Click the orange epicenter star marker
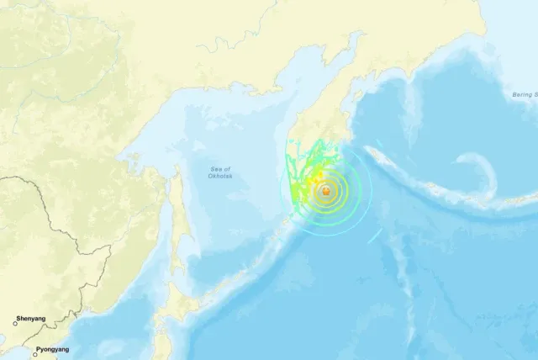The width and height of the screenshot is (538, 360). (x=325, y=193)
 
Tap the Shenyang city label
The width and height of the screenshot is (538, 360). (x=33, y=319)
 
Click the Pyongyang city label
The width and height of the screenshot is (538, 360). (x=52, y=349)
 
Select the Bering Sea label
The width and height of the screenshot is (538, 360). (x=525, y=95)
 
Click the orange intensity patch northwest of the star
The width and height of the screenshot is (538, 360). (x=317, y=176)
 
